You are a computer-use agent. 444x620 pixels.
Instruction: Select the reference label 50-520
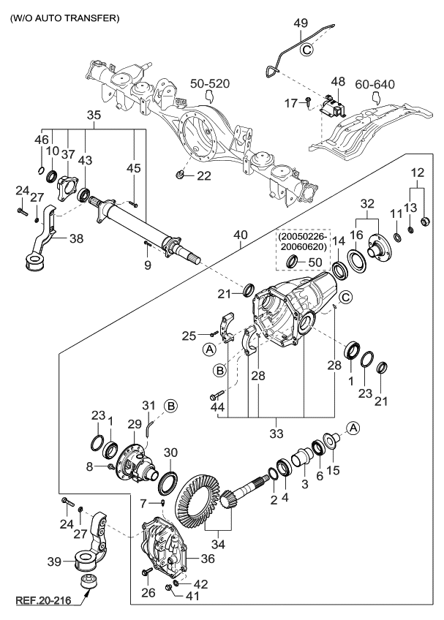[x=210, y=85]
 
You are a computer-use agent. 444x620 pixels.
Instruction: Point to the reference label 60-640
[x=379, y=85]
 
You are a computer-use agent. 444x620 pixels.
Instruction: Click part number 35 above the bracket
[x=94, y=115]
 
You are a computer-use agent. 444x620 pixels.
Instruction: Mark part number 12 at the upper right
[x=418, y=173]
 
